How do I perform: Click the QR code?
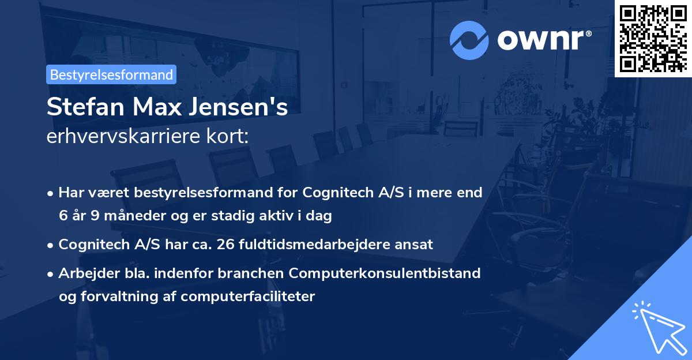[x=653, y=38]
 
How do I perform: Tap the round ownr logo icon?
[x=469, y=40]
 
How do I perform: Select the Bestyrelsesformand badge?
[x=111, y=74]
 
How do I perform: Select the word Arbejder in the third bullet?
[x=83, y=273]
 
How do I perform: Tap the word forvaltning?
[x=119, y=297]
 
